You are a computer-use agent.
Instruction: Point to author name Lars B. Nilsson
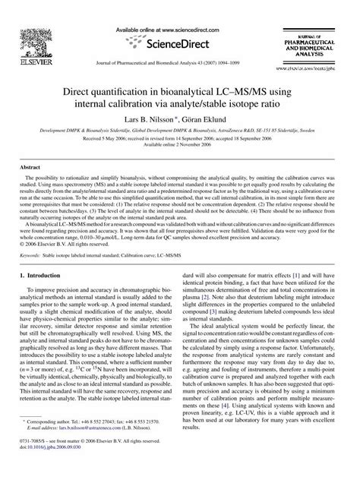coord(146,121)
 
